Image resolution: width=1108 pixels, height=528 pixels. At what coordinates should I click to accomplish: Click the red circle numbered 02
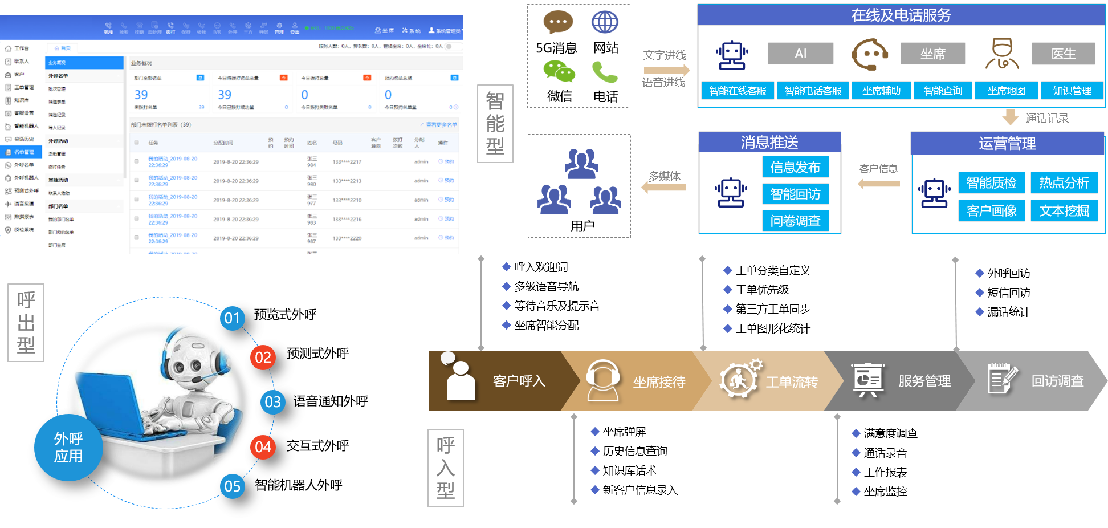click(263, 358)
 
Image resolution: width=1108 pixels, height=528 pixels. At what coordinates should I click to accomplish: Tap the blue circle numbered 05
click(233, 486)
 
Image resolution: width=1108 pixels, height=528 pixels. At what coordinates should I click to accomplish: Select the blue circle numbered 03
click(273, 402)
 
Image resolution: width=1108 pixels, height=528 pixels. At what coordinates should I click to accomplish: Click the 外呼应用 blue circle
click(68, 448)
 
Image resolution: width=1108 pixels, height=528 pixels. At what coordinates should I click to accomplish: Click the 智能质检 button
click(991, 183)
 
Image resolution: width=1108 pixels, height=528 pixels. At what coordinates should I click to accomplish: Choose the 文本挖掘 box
click(1064, 211)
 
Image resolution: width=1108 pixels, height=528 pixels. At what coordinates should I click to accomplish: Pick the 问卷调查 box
click(795, 221)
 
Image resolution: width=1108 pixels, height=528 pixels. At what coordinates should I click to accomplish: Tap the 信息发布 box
click(795, 167)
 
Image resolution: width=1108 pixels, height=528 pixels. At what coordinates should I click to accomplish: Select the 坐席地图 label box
click(1006, 91)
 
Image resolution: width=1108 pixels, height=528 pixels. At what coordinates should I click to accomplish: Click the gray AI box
click(800, 54)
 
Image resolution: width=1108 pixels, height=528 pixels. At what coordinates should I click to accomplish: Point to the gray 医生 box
click(1063, 54)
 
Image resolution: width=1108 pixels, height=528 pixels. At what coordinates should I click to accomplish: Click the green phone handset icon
click(604, 72)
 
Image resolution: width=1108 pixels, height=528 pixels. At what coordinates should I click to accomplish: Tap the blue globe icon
click(605, 22)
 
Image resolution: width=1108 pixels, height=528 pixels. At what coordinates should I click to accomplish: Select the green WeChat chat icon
click(559, 71)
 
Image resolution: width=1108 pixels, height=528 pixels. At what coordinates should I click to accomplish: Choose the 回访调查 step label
click(1057, 381)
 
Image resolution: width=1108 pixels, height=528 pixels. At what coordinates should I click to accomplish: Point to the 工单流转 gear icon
click(740, 379)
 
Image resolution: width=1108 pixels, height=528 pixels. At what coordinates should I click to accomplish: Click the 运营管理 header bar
click(1007, 144)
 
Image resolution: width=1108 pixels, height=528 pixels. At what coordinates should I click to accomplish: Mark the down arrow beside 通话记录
click(1011, 117)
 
